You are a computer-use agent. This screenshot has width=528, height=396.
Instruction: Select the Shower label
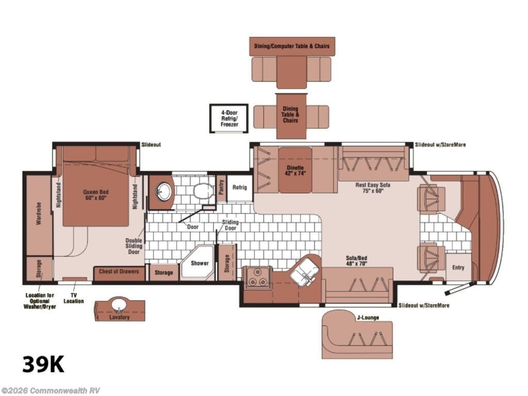(200, 263)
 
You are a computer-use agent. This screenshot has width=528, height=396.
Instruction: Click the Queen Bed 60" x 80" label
(96, 195)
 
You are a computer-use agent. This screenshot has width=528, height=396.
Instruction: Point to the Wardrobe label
(39, 214)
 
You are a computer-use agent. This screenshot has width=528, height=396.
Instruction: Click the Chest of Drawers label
(119, 271)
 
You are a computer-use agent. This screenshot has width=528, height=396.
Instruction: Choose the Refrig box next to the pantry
(240, 188)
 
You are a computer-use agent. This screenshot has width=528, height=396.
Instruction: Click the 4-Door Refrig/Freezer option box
(229, 119)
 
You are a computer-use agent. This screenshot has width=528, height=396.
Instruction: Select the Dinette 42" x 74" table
(295, 170)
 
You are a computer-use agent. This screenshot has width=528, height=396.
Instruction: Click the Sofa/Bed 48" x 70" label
(356, 261)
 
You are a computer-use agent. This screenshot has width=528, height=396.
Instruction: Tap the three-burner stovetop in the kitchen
(258, 277)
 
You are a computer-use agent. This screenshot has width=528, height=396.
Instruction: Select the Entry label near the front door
(458, 268)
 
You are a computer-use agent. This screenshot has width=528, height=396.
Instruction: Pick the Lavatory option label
(119, 317)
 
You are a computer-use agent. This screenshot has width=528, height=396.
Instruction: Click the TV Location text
(74, 299)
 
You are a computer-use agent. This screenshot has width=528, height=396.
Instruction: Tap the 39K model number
(43, 365)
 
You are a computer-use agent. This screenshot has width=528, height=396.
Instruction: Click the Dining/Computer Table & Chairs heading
(292, 46)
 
